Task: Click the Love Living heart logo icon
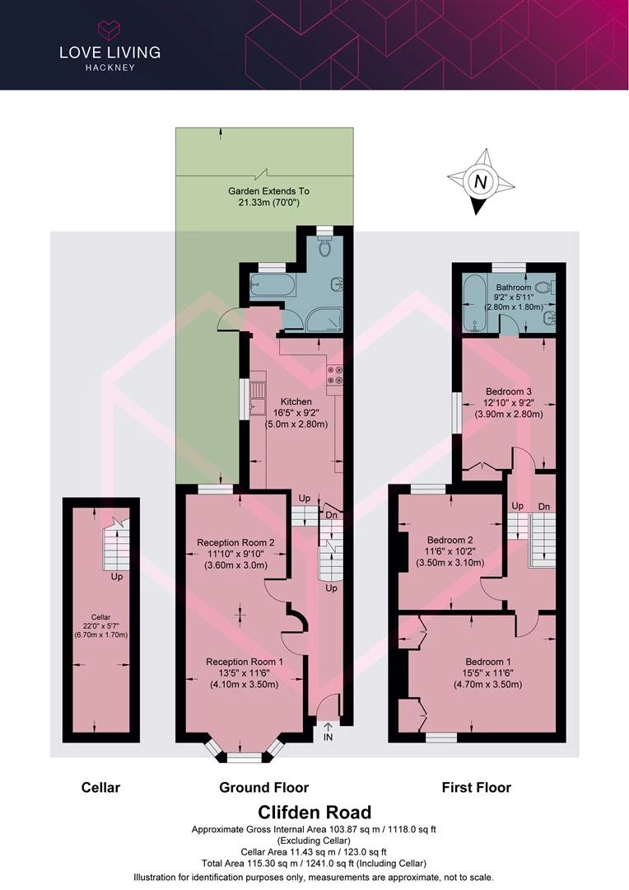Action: click(109, 29)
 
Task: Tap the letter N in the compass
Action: click(481, 182)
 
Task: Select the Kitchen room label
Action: click(296, 401)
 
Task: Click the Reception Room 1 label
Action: click(245, 662)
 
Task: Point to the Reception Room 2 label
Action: click(235, 542)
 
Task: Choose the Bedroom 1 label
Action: click(487, 662)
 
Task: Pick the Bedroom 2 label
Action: click(450, 541)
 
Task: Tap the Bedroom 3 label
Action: click(509, 391)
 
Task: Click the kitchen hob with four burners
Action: click(333, 375)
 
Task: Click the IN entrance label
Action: click(328, 738)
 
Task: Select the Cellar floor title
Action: click(100, 787)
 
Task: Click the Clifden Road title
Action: click(314, 812)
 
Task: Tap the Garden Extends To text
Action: click(269, 191)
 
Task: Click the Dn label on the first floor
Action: click(544, 506)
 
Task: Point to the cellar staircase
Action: click(116, 544)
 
